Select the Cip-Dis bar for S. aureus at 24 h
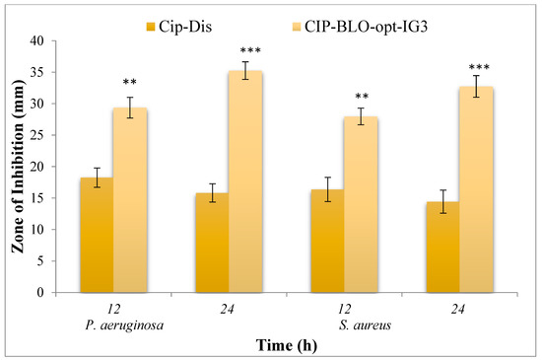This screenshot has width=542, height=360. coord(443,247)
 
